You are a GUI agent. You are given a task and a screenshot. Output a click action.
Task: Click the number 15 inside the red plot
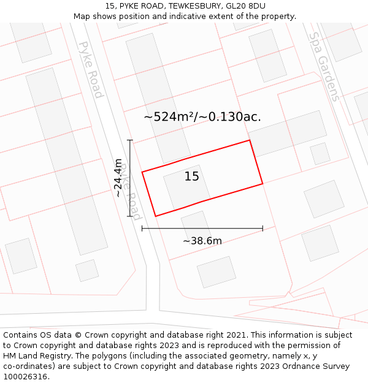tap(192, 176)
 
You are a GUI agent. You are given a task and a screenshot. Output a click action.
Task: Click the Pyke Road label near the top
tap(91, 70)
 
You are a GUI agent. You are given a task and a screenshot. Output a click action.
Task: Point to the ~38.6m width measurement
tap(202, 241)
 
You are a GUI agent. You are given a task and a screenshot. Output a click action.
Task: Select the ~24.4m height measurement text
tap(118, 178)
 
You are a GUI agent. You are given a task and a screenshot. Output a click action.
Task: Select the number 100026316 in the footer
tap(26, 376)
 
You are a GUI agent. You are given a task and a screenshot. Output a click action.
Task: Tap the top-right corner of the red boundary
tap(250, 140)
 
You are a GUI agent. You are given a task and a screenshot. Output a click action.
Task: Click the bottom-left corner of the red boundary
tap(156, 216)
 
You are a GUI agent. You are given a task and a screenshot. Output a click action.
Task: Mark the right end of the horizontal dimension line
tap(263, 229)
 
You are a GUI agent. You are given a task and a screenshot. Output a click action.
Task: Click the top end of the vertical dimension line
tap(130, 140)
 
